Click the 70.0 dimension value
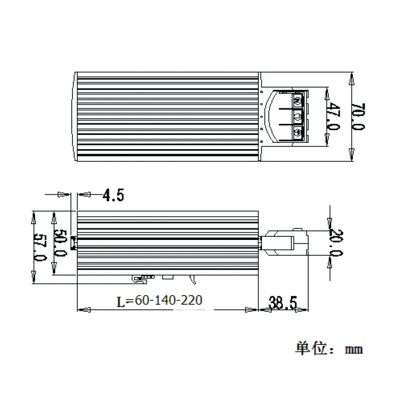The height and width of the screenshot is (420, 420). [x=359, y=117]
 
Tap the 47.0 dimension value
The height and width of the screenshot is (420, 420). [x=333, y=117]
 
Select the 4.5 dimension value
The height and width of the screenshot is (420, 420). [x=113, y=196]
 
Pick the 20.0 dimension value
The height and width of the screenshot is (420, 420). [x=335, y=243]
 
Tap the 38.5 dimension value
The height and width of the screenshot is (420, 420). [x=282, y=302]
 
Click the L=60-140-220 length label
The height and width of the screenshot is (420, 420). [x=159, y=300]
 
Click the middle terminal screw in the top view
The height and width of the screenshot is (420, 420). [x=298, y=117]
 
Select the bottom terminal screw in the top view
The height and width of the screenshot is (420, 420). [x=298, y=133]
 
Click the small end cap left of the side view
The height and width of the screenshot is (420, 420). [x=74, y=242]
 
